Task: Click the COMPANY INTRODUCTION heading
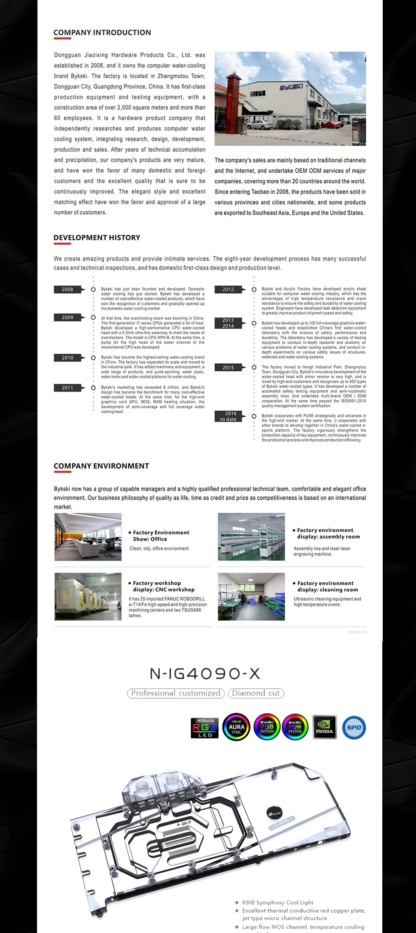point(102,32)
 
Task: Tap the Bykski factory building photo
point(290,99)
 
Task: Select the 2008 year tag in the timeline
point(67,289)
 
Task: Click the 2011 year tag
point(67,388)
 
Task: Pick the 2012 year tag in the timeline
point(228,289)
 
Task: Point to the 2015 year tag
point(228,367)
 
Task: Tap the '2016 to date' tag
point(228,416)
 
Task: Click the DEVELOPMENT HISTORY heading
point(97,238)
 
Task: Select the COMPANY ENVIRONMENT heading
point(101,466)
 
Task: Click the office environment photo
point(88,537)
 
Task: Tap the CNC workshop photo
point(88,596)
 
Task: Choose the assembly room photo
point(251,537)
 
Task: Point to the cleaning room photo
point(251,596)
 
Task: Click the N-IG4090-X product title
point(205,674)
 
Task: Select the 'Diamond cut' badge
point(256,693)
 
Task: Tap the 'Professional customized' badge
point(176,693)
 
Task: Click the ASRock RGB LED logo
point(205,727)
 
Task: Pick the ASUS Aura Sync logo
point(236,727)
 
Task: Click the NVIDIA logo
point(324,727)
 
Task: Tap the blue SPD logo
point(354,727)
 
